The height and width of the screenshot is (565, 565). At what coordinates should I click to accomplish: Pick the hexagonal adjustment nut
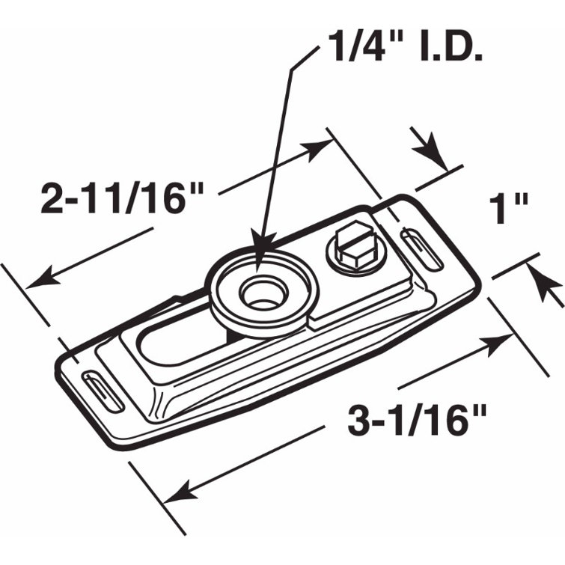[355, 253]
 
